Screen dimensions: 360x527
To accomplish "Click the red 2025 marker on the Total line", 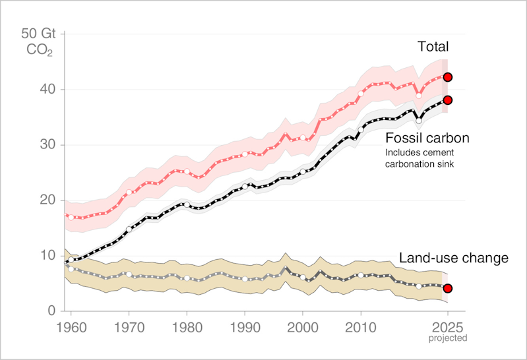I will coord(448,77).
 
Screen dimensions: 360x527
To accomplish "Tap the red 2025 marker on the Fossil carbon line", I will coord(448,100).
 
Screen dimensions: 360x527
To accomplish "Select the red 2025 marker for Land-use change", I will coord(448,288).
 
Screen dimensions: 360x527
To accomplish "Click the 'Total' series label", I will coord(433,47).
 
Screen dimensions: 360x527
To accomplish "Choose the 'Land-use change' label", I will coord(454,258).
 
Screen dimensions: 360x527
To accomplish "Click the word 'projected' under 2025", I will coord(448,338).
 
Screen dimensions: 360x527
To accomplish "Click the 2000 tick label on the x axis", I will coord(303,326).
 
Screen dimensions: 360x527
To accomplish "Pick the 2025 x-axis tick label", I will coord(448,326).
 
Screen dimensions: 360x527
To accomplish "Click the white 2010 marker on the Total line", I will coord(361,94).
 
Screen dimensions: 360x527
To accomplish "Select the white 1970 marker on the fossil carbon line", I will coord(129,229).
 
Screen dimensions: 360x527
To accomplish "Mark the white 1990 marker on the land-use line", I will coord(245,279).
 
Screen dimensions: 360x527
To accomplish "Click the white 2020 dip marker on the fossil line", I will coord(419,121).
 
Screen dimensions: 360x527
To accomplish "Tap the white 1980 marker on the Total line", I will coord(187,171).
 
